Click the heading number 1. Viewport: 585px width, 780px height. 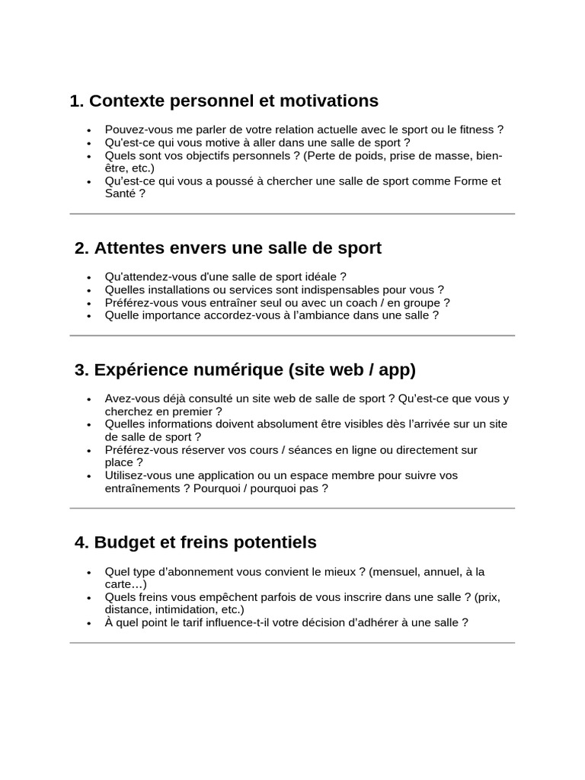75,101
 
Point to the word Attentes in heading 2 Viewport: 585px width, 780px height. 127,248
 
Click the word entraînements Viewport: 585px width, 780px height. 142,488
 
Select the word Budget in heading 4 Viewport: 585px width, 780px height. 123,542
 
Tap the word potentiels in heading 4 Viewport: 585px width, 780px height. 275,542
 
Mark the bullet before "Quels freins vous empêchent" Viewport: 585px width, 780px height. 89,597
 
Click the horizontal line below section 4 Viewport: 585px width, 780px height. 292,643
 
